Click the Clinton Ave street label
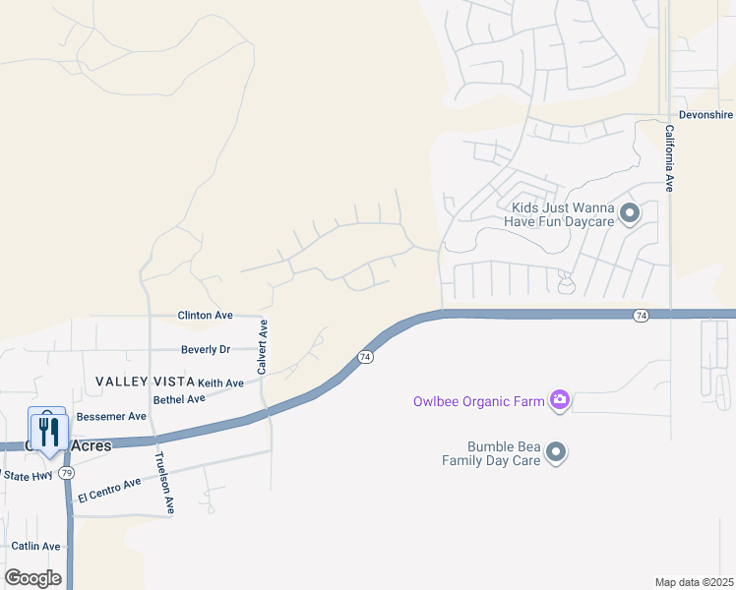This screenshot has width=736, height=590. (205, 316)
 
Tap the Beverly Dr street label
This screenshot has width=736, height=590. (205, 349)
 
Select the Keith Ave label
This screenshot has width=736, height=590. (220, 383)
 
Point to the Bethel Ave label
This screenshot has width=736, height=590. (179, 399)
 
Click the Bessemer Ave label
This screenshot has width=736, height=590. (111, 417)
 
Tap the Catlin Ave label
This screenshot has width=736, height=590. (35, 546)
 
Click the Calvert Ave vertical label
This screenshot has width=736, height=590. (263, 346)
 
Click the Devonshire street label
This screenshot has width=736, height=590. (705, 115)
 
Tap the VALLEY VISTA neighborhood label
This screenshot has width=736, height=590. (144, 381)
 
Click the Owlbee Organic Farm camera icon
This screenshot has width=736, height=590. (560, 399)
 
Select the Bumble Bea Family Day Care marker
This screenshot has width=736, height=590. (557, 452)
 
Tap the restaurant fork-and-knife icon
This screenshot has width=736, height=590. (47, 430)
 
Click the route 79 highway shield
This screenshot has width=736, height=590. (67, 473)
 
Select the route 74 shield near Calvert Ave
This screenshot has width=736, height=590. (365, 357)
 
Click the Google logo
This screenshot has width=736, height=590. (32, 577)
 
